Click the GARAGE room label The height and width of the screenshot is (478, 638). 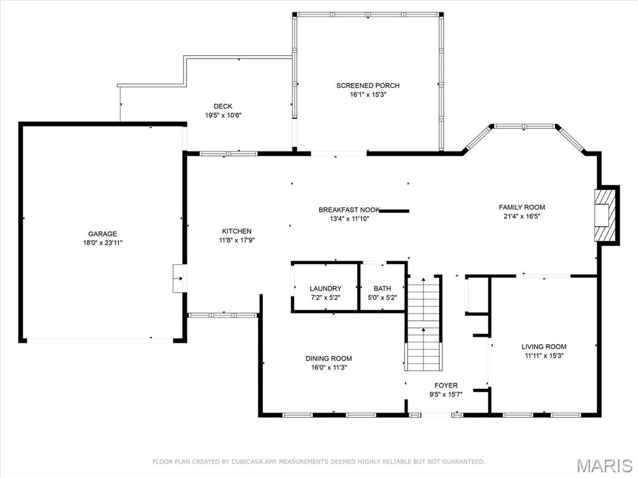click(x=102, y=234)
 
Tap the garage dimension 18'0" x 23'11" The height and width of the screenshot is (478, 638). click(x=102, y=243)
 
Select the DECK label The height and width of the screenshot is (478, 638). click(x=222, y=107)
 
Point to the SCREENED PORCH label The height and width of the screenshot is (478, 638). click(x=368, y=85)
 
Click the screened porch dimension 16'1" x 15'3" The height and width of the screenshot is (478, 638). click(x=368, y=95)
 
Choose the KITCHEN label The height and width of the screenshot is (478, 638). click(x=237, y=231)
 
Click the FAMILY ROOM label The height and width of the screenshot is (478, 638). click(x=521, y=208)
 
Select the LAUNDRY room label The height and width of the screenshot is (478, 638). click(x=325, y=289)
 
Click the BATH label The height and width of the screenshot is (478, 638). click(x=383, y=289)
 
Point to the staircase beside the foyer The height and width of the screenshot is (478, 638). click(x=424, y=324)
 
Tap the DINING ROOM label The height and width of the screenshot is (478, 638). click(x=328, y=358)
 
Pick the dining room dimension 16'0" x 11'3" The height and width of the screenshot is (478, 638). click(x=328, y=368)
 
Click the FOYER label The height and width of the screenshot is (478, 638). click(x=445, y=385)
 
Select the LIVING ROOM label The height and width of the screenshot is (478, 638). click(x=543, y=347)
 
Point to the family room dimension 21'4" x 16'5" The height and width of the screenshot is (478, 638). click(x=521, y=217)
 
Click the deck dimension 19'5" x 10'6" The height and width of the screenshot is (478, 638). click(x=222, y=116)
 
